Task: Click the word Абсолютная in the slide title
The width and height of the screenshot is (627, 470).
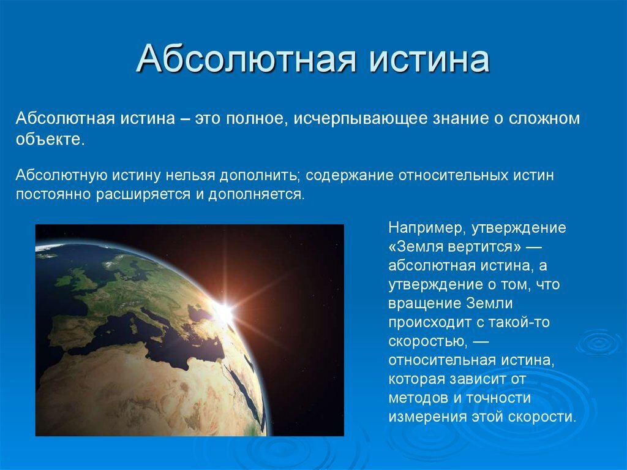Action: point(246,59)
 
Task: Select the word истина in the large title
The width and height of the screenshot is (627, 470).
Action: point(429,60)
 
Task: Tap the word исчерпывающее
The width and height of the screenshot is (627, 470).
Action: point(361,119)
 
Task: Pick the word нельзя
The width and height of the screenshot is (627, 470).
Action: point(190,175)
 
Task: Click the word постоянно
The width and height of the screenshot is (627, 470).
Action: point(53,195)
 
